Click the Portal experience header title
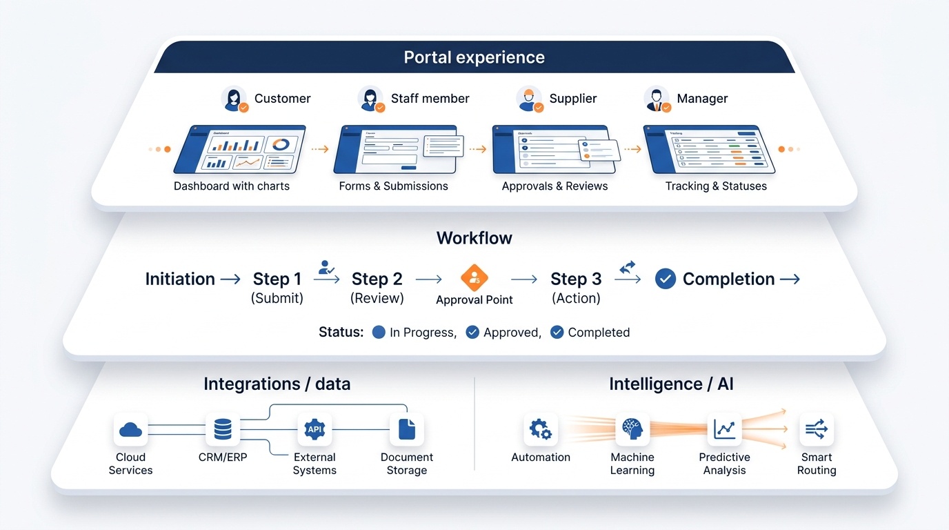pyautogui.click(x=474, y=57)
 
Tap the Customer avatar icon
pyautogui.click(x=234, y=99)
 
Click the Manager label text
pyautogui.click(x=702, y=99)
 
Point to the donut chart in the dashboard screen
pyautogui.click(x=281, y=145)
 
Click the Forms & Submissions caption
pyautogui.click(x=393, y=186)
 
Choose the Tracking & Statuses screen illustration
pyautogui.click(x=708, y=149)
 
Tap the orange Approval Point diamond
pyautogui.click(x=474, y=278)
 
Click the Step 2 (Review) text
pyautogui.click(x=377, y=287)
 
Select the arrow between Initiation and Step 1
pyautogui.click(x=230, y=279)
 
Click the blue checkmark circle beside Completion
pyautogui.click(x=665, y=279)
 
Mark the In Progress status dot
pyautogui.click(x=378, y=332)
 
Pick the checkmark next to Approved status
pyautogui.click(x=472, y=332)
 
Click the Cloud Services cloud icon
pyautogui.click(x=130, y=430)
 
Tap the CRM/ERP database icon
pyautogui.click(x=223, y=430)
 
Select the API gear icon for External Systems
pyautogui.click(x=314, y=430)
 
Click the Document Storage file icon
pyautogui.click(x=407, y=430)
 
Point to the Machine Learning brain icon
pyautogui.click(x=632, y=430)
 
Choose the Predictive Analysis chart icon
pyautogui.click(x=724, y=430)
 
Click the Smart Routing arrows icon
pyautogui.click(x=817, y=430)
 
